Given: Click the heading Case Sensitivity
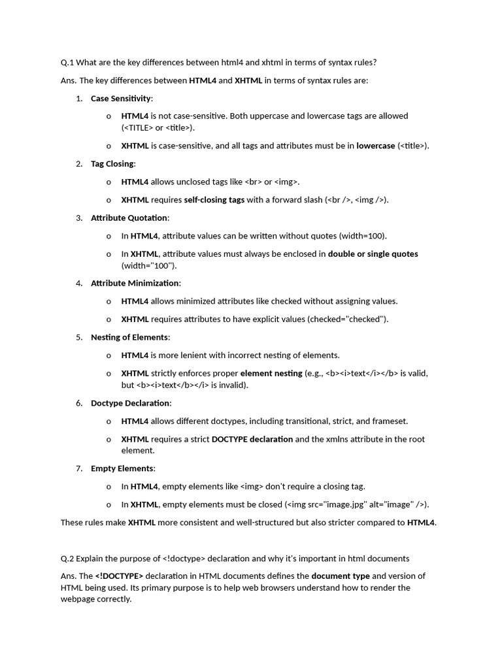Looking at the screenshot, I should tap(121, 98).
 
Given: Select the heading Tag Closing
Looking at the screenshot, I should tap(112, 163).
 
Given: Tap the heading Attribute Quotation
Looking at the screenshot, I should tap(129, 218).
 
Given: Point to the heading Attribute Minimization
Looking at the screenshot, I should tap(135, 283).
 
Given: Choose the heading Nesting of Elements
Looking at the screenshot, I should tap(130, 337).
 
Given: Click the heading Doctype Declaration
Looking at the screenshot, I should tap(131, 402).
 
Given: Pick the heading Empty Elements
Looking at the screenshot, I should tap(122, 468).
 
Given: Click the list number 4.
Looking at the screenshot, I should tap(78, 283).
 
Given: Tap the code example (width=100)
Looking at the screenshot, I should tap(363, 236).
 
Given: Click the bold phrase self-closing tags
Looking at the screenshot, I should tap(214, 199).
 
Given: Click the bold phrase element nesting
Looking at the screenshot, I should tap(271, 373).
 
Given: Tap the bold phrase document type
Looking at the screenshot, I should tap(340, 576).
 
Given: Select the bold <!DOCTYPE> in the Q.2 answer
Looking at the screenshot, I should tap(119, 576).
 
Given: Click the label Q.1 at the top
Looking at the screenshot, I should tap(67, 62).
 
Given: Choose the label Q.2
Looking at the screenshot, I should tap(67, 558).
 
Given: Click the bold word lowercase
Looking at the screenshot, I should tap(375, 146).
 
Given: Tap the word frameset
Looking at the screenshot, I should tap(390, 421).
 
